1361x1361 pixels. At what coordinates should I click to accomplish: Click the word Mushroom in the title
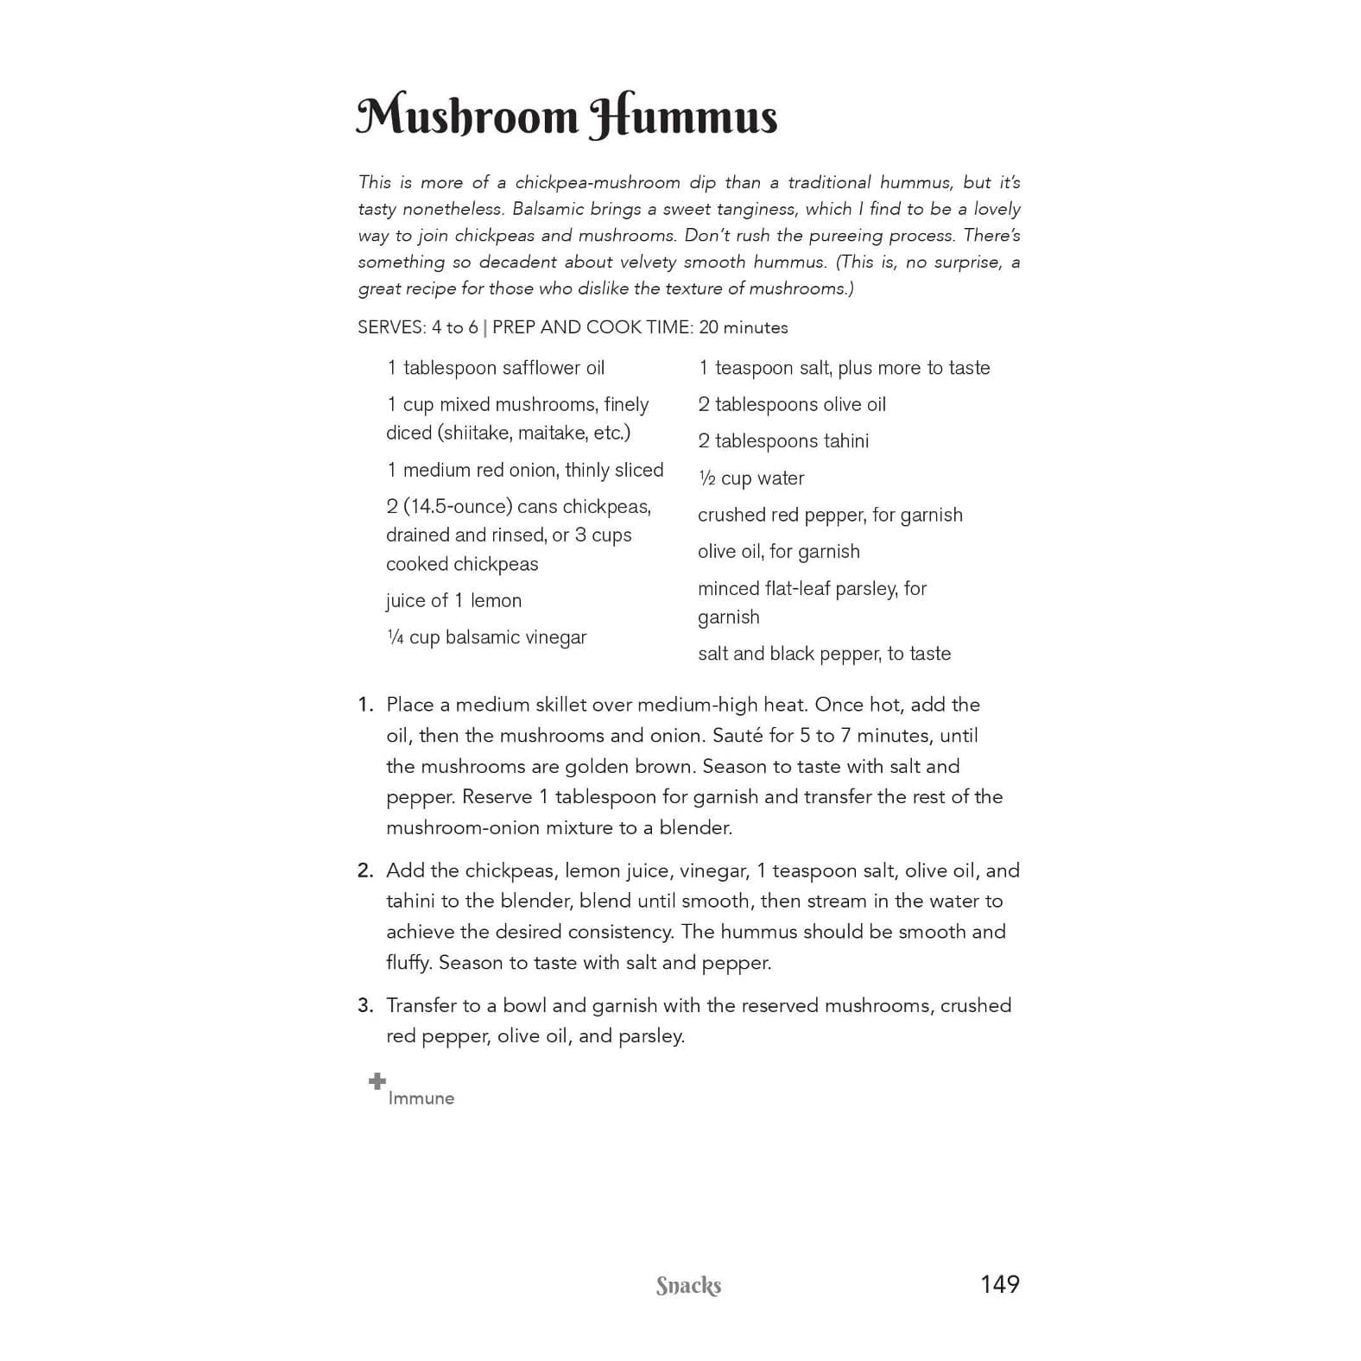[467, 117]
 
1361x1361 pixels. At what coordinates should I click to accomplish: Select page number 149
[999, 1284]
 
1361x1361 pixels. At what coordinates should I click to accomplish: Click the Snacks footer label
[688, 1286]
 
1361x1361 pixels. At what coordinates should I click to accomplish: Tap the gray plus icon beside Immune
[377, 1081]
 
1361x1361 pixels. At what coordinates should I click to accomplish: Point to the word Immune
[421, 1098]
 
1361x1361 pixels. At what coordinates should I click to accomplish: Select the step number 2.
[365, 870]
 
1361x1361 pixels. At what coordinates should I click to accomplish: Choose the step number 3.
[365, 1005]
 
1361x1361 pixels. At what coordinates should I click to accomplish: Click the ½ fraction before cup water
[706, 478]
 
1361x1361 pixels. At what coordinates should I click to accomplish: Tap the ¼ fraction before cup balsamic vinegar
[395, 637]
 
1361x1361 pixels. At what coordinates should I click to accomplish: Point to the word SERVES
[391, 327]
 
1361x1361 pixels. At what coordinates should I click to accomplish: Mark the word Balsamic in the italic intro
[545, 209]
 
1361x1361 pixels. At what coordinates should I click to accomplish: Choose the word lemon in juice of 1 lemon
[496, 601]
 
